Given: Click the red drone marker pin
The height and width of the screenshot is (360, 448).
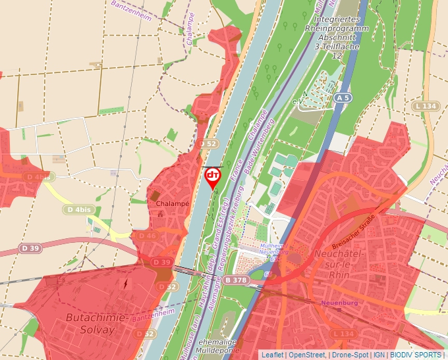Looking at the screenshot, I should pyautogui.click(x=213, y=176).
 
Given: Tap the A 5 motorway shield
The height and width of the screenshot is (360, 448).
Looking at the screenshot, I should pyautogui.click(x=341, y=97).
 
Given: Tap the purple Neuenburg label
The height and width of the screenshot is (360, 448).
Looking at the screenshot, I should pyautogui.click(x=341, y=303).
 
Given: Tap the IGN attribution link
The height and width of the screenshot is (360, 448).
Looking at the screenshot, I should pyautogui.click(x=379, y=355).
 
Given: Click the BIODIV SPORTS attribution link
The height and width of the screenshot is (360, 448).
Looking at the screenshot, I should pyautogui.click(x=416, y=355).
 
